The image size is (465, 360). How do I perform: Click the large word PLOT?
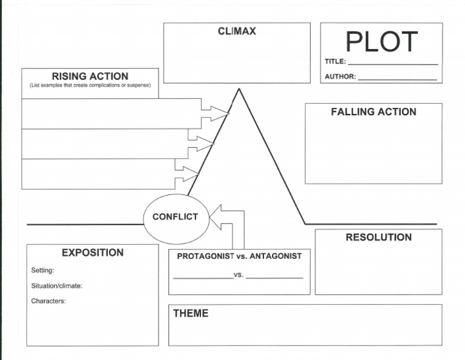point(381,41)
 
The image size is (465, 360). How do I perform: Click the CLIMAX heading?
point(237,32)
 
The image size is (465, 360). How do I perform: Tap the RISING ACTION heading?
point(90,76)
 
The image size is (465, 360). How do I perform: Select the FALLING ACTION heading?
point(374,112)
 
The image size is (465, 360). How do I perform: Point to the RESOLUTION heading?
point(378,238)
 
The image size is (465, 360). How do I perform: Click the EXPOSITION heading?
point(93,253)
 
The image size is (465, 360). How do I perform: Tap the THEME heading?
point(191,313)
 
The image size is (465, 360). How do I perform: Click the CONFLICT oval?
point(176,217)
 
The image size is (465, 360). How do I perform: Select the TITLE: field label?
point(335,62)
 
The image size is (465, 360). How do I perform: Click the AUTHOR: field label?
point(340,77)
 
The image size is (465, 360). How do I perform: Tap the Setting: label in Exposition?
point(42,270)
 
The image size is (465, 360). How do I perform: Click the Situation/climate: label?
point(56,285)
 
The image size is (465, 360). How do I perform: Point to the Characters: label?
point(48,301)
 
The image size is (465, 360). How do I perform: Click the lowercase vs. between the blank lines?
point(239,275)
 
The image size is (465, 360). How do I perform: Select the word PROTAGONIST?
point(205,256)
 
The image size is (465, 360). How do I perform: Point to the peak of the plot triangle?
point(239,90)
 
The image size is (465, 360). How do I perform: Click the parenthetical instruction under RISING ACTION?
point(90,85)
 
